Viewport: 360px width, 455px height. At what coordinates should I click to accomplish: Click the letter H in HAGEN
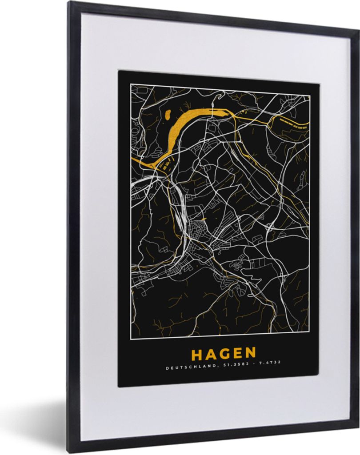197,354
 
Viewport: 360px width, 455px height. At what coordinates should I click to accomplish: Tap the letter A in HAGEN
210,354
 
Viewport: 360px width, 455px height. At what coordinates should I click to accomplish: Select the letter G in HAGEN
224,354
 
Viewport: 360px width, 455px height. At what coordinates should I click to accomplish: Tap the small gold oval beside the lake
168,115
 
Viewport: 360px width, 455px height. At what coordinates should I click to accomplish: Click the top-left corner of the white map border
131,84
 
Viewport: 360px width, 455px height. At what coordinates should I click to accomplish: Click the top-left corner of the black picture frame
70,2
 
